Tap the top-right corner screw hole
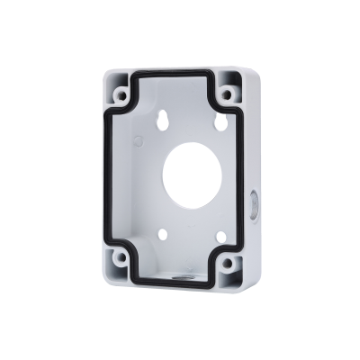coord(231,90)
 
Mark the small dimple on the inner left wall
coord(135,142)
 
